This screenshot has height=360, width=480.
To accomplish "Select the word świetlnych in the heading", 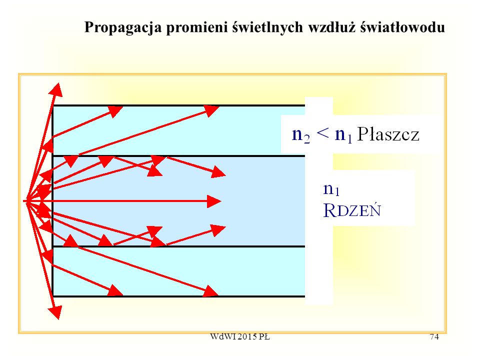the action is tap(267, 27).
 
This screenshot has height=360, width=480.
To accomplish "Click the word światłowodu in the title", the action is tap(402, 27).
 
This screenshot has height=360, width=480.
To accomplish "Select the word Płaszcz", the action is tap(388, 134).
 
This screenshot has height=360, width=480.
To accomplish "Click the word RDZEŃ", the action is tap(352, 210).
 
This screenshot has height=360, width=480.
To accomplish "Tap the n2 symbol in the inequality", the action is tap(301, 135).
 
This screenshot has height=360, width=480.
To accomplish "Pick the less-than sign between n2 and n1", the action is tap(322, 134).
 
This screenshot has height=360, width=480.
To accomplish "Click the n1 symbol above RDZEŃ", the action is tap(331, 189).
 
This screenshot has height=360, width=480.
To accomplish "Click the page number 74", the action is tap(434, 336).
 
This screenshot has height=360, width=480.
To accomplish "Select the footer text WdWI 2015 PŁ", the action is tap(240, 336).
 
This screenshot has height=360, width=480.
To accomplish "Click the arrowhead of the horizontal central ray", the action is tap(214, 201).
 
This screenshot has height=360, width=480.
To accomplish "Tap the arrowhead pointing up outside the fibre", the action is tap(56, 90).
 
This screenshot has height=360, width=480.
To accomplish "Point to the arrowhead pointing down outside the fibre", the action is tap(55, 312).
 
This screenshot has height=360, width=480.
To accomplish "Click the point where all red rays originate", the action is tap(25, 201).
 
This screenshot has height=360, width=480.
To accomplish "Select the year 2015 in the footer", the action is tap(246, 336).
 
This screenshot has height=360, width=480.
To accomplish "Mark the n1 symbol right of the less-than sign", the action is tap(343, 135).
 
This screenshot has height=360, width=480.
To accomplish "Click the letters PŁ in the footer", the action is tap(264, 336).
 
